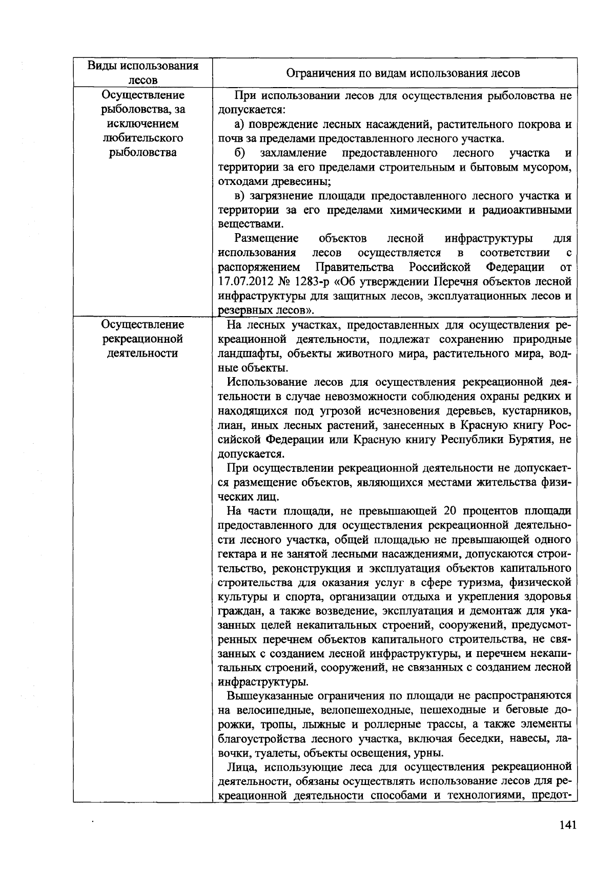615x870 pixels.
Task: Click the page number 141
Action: click(x=568, y=825)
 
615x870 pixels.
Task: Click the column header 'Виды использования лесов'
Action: click(x=142, y=73)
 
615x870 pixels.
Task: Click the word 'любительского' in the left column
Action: click(x=142, y=138)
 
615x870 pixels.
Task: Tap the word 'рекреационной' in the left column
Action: click(x=142, y=339)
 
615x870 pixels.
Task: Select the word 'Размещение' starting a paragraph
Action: click(x=266, y=239)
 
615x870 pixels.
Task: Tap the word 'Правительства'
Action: click(x=355, y=267)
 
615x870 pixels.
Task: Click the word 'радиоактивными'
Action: click(x=532, y=210)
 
